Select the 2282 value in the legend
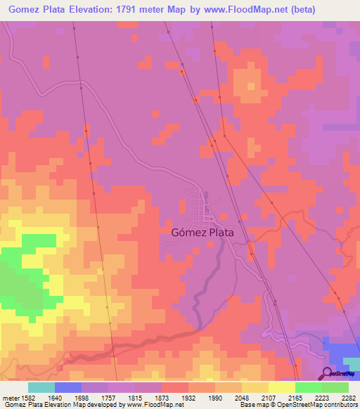click(348, 397)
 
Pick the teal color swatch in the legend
click(41, 387)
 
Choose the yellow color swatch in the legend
click(281, 387)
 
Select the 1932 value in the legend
click(189, 397)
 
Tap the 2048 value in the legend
click(242, 397)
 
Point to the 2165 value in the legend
click(295, 397)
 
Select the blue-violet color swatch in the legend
click(67, 387)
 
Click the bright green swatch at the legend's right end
click(335, 387)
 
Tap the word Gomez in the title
click(25, 10)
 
